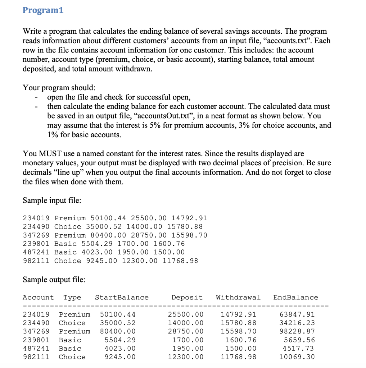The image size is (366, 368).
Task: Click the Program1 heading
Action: point(43,10)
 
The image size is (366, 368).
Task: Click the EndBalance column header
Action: point(295,298)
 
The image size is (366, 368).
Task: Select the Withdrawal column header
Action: point(238,298)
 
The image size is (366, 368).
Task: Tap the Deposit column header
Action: point(187,298)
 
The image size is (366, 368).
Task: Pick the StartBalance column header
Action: point(122,298)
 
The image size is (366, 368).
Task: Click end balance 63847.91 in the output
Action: point(297,314)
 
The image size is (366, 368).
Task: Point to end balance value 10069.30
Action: point(297,357)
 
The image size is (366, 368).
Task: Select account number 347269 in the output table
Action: point(36,331)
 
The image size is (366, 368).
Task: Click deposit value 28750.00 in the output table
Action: point(185,331)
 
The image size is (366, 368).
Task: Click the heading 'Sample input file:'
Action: point(52,200)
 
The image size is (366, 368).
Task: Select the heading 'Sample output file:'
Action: point(54,280)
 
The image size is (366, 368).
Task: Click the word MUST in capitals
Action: point(48,154)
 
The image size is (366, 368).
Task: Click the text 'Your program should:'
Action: point(59,88)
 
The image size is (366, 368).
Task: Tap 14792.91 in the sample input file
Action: point(189,218)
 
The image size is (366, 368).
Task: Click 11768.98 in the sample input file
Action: point(180,261)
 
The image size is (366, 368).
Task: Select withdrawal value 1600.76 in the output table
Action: point(240,340)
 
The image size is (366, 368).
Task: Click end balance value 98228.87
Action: point(297,331)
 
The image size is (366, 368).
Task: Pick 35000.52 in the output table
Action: point(118,323)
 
